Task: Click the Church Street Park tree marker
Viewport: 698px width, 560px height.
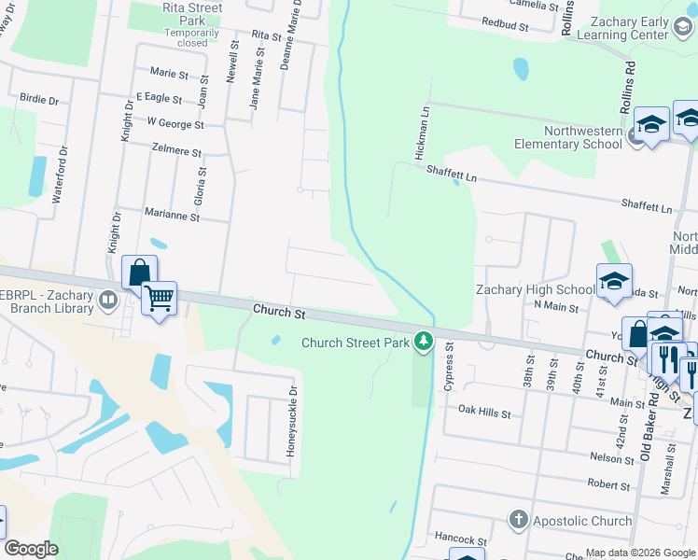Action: tap(424, 343)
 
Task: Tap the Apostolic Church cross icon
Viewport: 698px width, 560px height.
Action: tap(519, 520)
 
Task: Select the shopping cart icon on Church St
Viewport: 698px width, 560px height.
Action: tap(160, 299)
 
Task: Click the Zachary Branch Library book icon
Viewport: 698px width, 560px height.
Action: tap(108, 300)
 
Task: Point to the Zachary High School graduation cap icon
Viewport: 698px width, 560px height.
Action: tap(614, 281)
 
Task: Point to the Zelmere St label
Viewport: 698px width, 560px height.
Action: tap(176, 150)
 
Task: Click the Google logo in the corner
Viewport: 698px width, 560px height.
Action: tap(31, 549)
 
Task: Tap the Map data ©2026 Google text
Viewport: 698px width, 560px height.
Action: tap(639, 553)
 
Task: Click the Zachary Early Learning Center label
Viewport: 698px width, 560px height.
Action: tap(623, 28)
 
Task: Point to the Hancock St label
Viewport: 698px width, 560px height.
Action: tap(461, 539)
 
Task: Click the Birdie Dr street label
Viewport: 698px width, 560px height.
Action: tap(38, 98)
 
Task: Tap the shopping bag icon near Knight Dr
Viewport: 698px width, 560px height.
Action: tap(138, 272)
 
